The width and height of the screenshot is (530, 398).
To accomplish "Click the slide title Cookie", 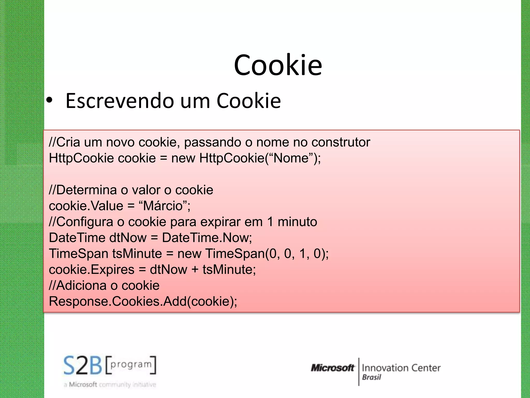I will pyautogui.click(x=278, y=65).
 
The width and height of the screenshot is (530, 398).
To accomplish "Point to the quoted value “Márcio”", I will pyautogui.click(x=163, y=206).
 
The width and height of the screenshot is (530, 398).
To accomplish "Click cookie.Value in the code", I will pyautogui.click(x=86, y=206).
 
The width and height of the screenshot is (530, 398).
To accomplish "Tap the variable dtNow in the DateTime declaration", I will pyautogui.click(x=128, y=238).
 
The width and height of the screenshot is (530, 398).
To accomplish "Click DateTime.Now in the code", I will pyautogui.click(x=207, y=238).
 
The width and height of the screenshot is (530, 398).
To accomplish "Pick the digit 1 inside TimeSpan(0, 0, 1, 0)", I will pyautogui.click(x=302, y=254).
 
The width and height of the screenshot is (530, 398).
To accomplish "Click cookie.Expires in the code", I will pyautogui.click(x=92, y=270).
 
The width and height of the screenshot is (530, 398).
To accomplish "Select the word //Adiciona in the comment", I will pyautogui.click(x=78, y=286).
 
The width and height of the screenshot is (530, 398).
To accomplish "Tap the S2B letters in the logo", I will pyautogui.click(x=83, y=365).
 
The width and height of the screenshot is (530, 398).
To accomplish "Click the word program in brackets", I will pyautogui.click(x=131, y=365).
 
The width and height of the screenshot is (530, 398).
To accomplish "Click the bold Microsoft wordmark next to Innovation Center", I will pyautogui.click(x=332, y=368).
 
